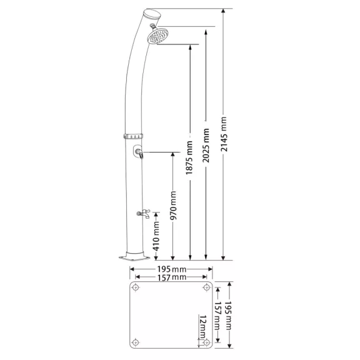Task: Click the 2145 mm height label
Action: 224,134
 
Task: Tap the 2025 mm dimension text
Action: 206,146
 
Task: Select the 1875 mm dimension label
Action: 189,157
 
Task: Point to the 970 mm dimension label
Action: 173,205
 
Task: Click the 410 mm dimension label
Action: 156,236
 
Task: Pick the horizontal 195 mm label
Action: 171,269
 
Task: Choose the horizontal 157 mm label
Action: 171,277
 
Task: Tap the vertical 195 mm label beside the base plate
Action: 229,316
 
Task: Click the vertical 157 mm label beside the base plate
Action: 217,316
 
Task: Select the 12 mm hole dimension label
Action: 202,327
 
